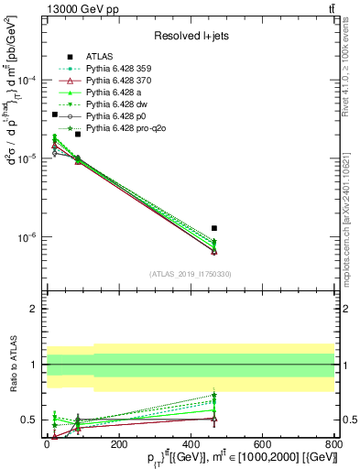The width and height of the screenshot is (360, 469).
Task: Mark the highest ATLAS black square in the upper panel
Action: (x=55, y=115)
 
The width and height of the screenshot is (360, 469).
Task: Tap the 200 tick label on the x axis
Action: (x=119, y=442)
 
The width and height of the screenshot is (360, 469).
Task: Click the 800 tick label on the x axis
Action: (x=334, y=442)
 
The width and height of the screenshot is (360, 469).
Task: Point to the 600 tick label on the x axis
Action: (x=262, y=442)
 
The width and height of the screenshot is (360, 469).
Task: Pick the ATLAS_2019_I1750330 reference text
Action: (x=190, y=274)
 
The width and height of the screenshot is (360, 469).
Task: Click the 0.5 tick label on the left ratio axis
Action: (x=30, y=420)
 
